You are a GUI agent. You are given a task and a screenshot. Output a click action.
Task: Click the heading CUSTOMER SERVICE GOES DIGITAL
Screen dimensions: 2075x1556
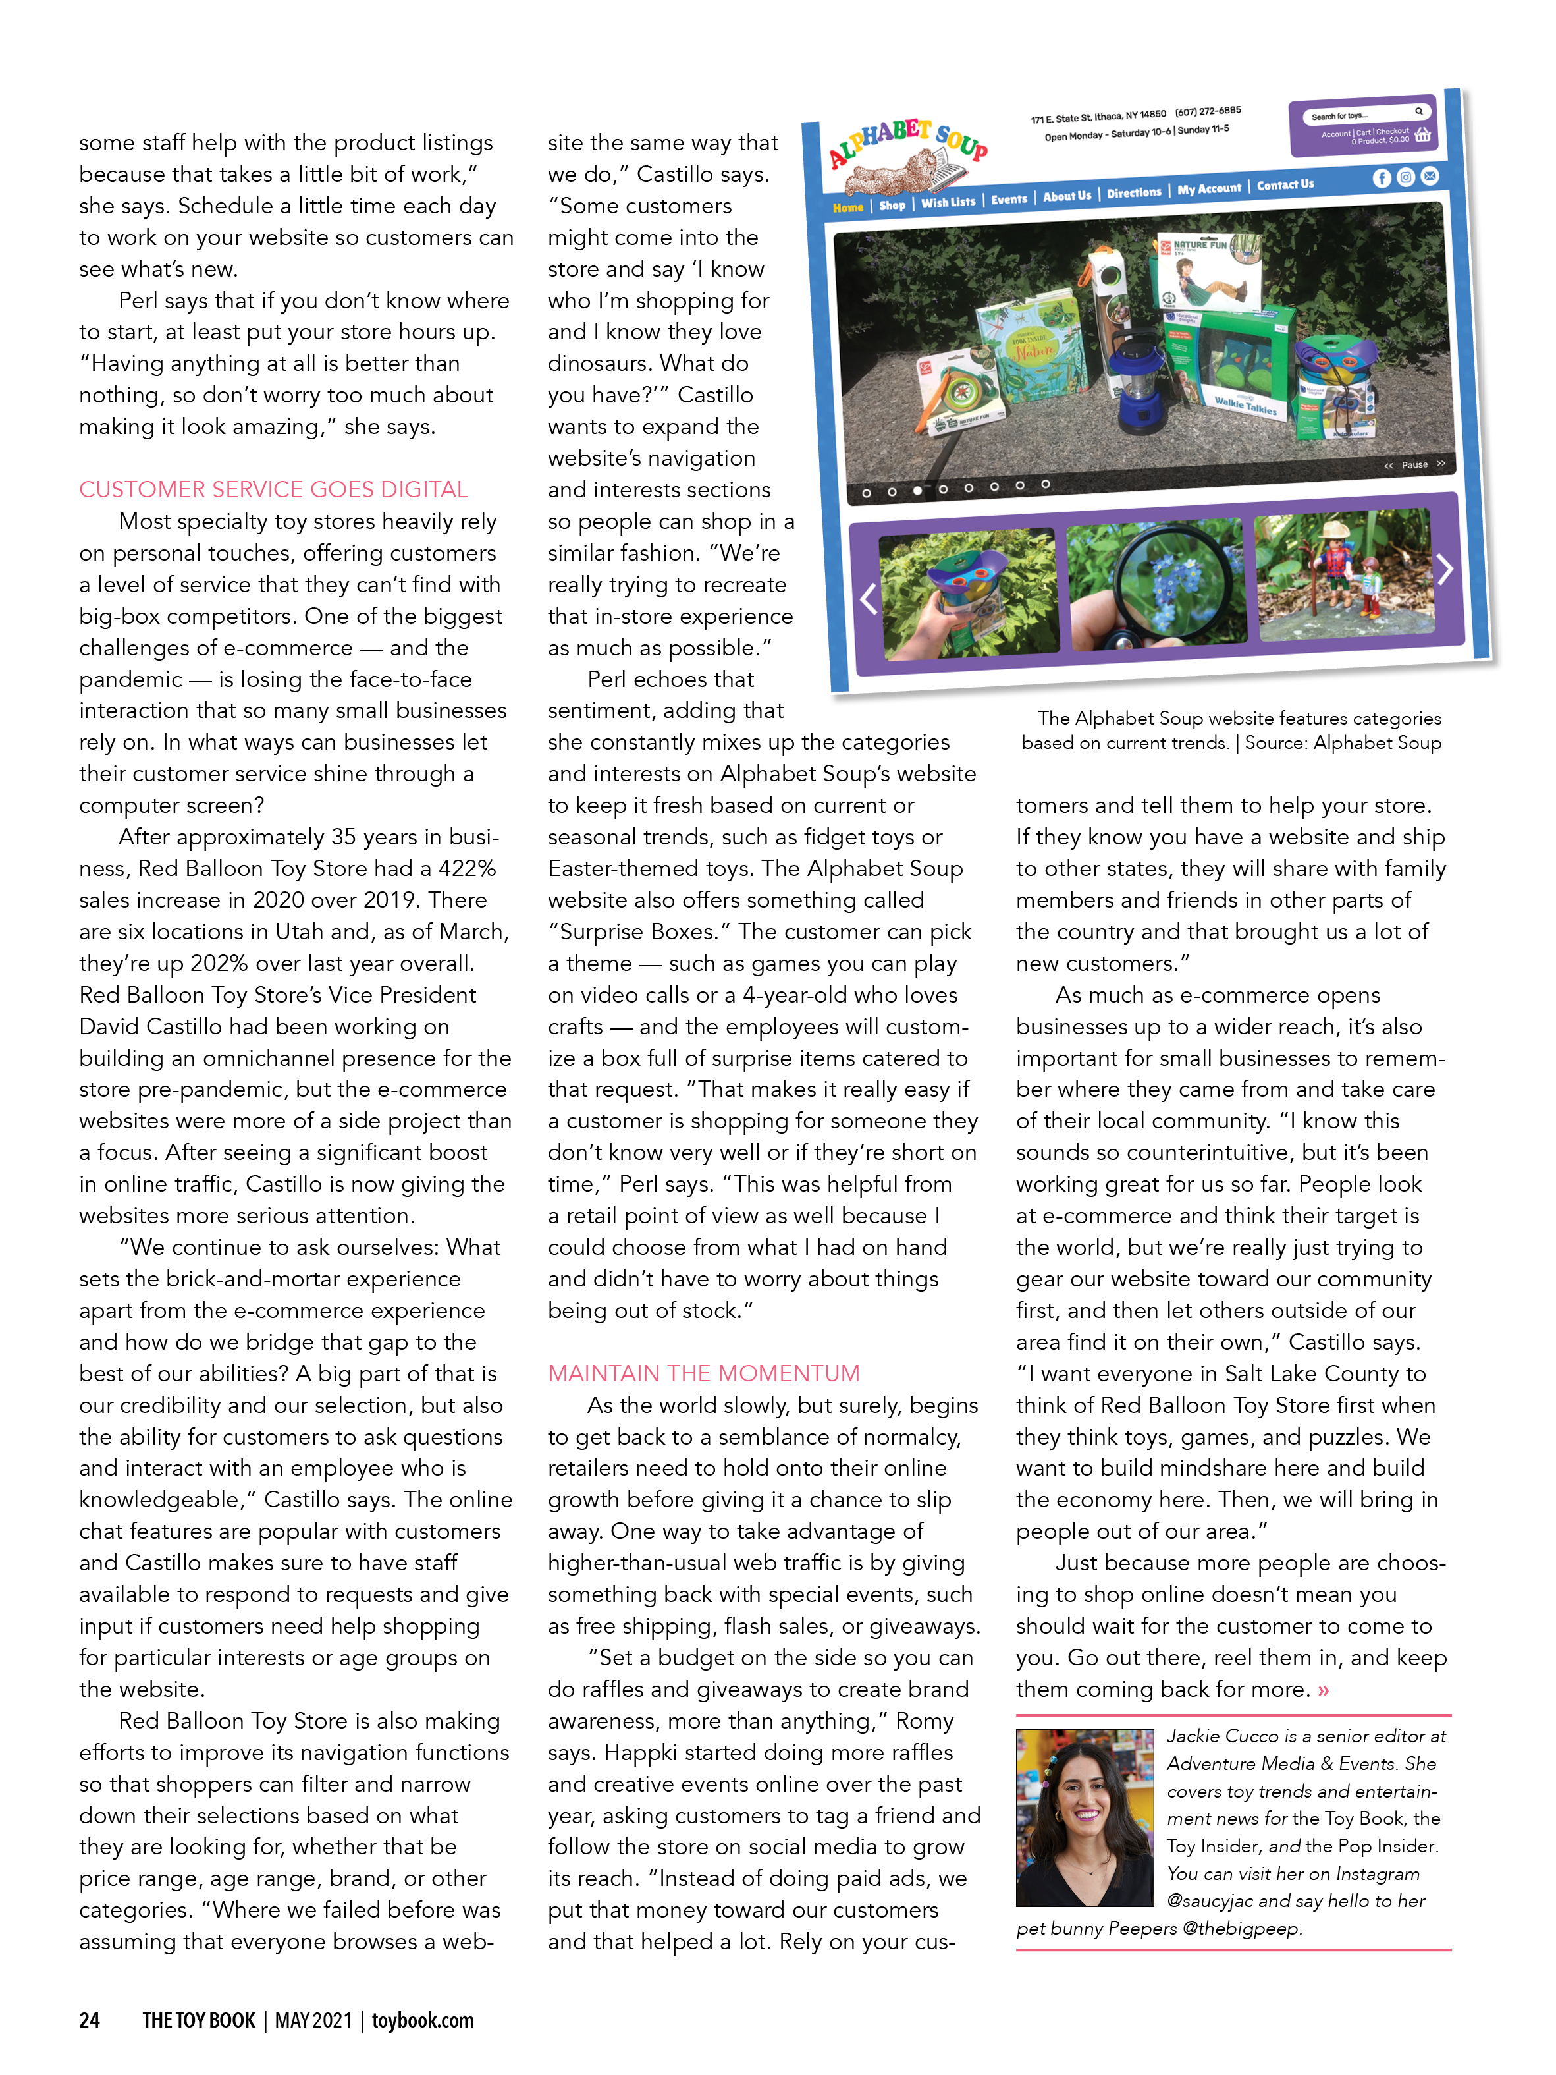[273, 489]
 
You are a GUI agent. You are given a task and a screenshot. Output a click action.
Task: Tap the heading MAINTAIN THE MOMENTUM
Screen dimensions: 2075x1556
[703, 1373]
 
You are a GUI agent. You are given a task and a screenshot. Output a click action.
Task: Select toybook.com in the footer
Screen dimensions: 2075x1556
[422, 2020]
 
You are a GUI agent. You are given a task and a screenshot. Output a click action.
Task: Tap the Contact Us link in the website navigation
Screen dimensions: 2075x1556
[1285, 185]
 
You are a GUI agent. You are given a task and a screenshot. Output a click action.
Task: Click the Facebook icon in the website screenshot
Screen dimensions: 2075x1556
[1382, 179]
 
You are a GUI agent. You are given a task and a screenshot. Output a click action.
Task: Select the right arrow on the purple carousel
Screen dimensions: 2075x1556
[1445, 568]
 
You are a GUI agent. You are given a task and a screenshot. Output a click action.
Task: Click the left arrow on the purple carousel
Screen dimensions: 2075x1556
[869, 599]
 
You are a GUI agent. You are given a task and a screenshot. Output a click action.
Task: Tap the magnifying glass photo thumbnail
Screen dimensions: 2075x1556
[1156, 584]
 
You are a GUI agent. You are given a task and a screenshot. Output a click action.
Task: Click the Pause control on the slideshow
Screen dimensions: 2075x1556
[1414, 464]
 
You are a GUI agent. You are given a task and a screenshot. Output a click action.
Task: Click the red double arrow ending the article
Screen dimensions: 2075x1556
[1324, 1690]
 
